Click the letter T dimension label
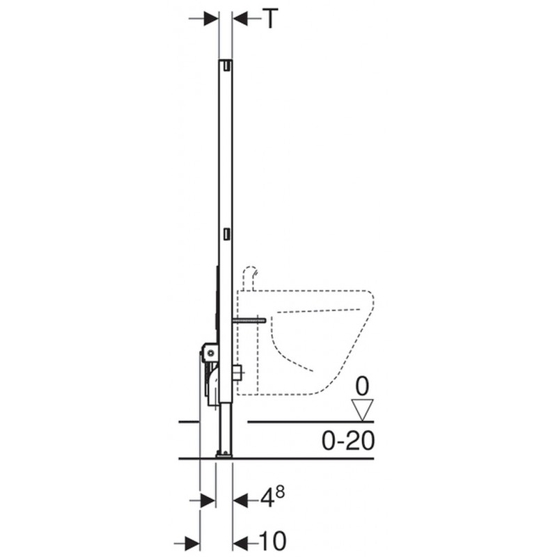(x=269, y=19)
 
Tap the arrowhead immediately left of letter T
(x=240, y=19)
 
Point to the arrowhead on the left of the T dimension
(x=210, y=19)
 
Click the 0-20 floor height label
(x=347, y=441)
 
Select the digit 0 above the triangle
(x=362, y=386)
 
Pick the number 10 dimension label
(x=272, y=541)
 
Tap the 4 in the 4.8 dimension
(x=267, y=500)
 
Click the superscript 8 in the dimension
(x=280, y=493)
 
